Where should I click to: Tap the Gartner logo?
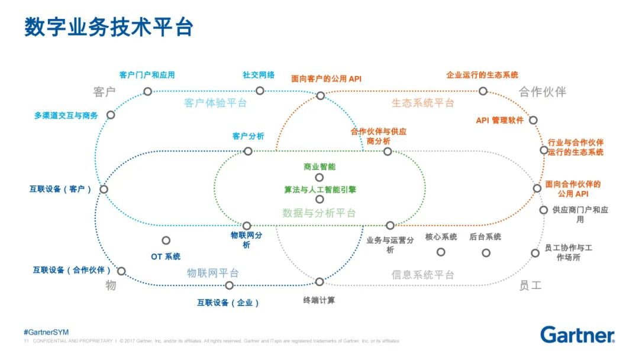[577, 335]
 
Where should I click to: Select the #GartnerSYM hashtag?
[46, 332]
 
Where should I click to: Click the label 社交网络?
[259, 75]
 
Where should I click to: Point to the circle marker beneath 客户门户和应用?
[147, 91]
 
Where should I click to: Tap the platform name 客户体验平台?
[215, 103]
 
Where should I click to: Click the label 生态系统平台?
[422, 103]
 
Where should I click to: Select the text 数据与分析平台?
[319, 213]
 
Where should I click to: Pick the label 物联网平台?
[213, 273]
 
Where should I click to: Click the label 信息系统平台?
[422, 275]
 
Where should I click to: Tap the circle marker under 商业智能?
[319, 177]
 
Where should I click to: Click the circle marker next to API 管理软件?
[533, 120]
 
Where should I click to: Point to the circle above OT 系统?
[166, 240]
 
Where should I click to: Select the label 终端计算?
[319, 300]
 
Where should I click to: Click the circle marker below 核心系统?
[441, 252]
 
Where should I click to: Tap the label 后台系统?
[485, 237]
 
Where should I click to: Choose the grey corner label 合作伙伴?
[542, 92]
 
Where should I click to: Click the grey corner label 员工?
[530, 285]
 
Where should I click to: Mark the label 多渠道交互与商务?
[66, 115]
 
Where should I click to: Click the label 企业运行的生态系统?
[482, 75]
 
